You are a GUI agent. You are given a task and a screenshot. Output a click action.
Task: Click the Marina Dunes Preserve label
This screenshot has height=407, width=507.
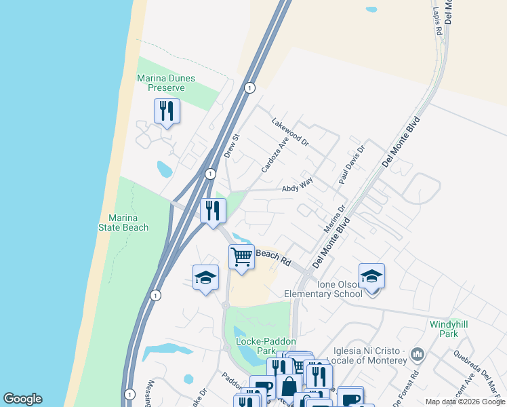[x=166, y=83]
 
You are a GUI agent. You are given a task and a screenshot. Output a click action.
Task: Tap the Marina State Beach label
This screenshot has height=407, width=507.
[x=128, y=222]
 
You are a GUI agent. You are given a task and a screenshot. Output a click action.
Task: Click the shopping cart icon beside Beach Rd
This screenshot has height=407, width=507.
[x=241, y=257]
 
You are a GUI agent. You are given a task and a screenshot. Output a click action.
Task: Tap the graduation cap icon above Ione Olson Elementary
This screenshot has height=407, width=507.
[x=371, y=276]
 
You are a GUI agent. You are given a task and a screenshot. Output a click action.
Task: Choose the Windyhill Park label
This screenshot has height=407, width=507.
[x=449, y=329]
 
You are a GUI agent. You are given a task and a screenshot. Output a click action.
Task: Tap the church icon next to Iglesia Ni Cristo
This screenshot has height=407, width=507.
[x=418, y=353]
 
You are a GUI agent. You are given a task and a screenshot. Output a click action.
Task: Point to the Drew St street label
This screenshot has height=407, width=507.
[x=233, y=145]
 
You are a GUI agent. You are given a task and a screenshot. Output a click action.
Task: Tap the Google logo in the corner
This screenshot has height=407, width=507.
[x=22, y=399]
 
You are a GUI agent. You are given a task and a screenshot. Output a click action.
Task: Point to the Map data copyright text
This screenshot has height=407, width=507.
[x=465, y=402]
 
